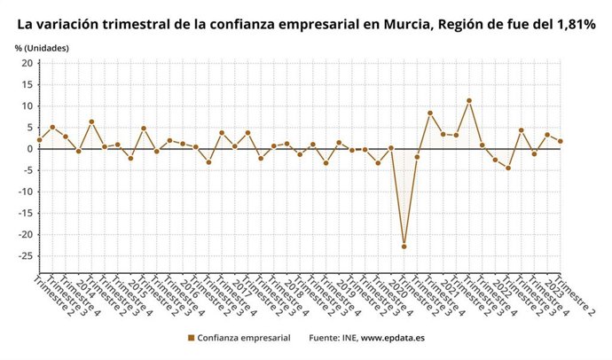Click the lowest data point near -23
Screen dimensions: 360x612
click(404, 246)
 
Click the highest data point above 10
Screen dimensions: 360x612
click(469, 101)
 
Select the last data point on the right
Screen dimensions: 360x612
click(561, 141)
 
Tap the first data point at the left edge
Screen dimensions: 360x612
click(39, 140)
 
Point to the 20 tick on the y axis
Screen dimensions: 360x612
click(27, 63)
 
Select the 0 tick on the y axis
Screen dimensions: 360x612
click(29, 149)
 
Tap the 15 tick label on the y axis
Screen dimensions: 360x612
click(27, 84)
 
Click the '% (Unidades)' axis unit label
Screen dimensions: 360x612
click(42, 46)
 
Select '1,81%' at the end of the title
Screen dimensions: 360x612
click(572, 24)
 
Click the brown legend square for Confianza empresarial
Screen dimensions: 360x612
click(191, 338)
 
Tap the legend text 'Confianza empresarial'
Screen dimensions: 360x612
click(243, 338)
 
